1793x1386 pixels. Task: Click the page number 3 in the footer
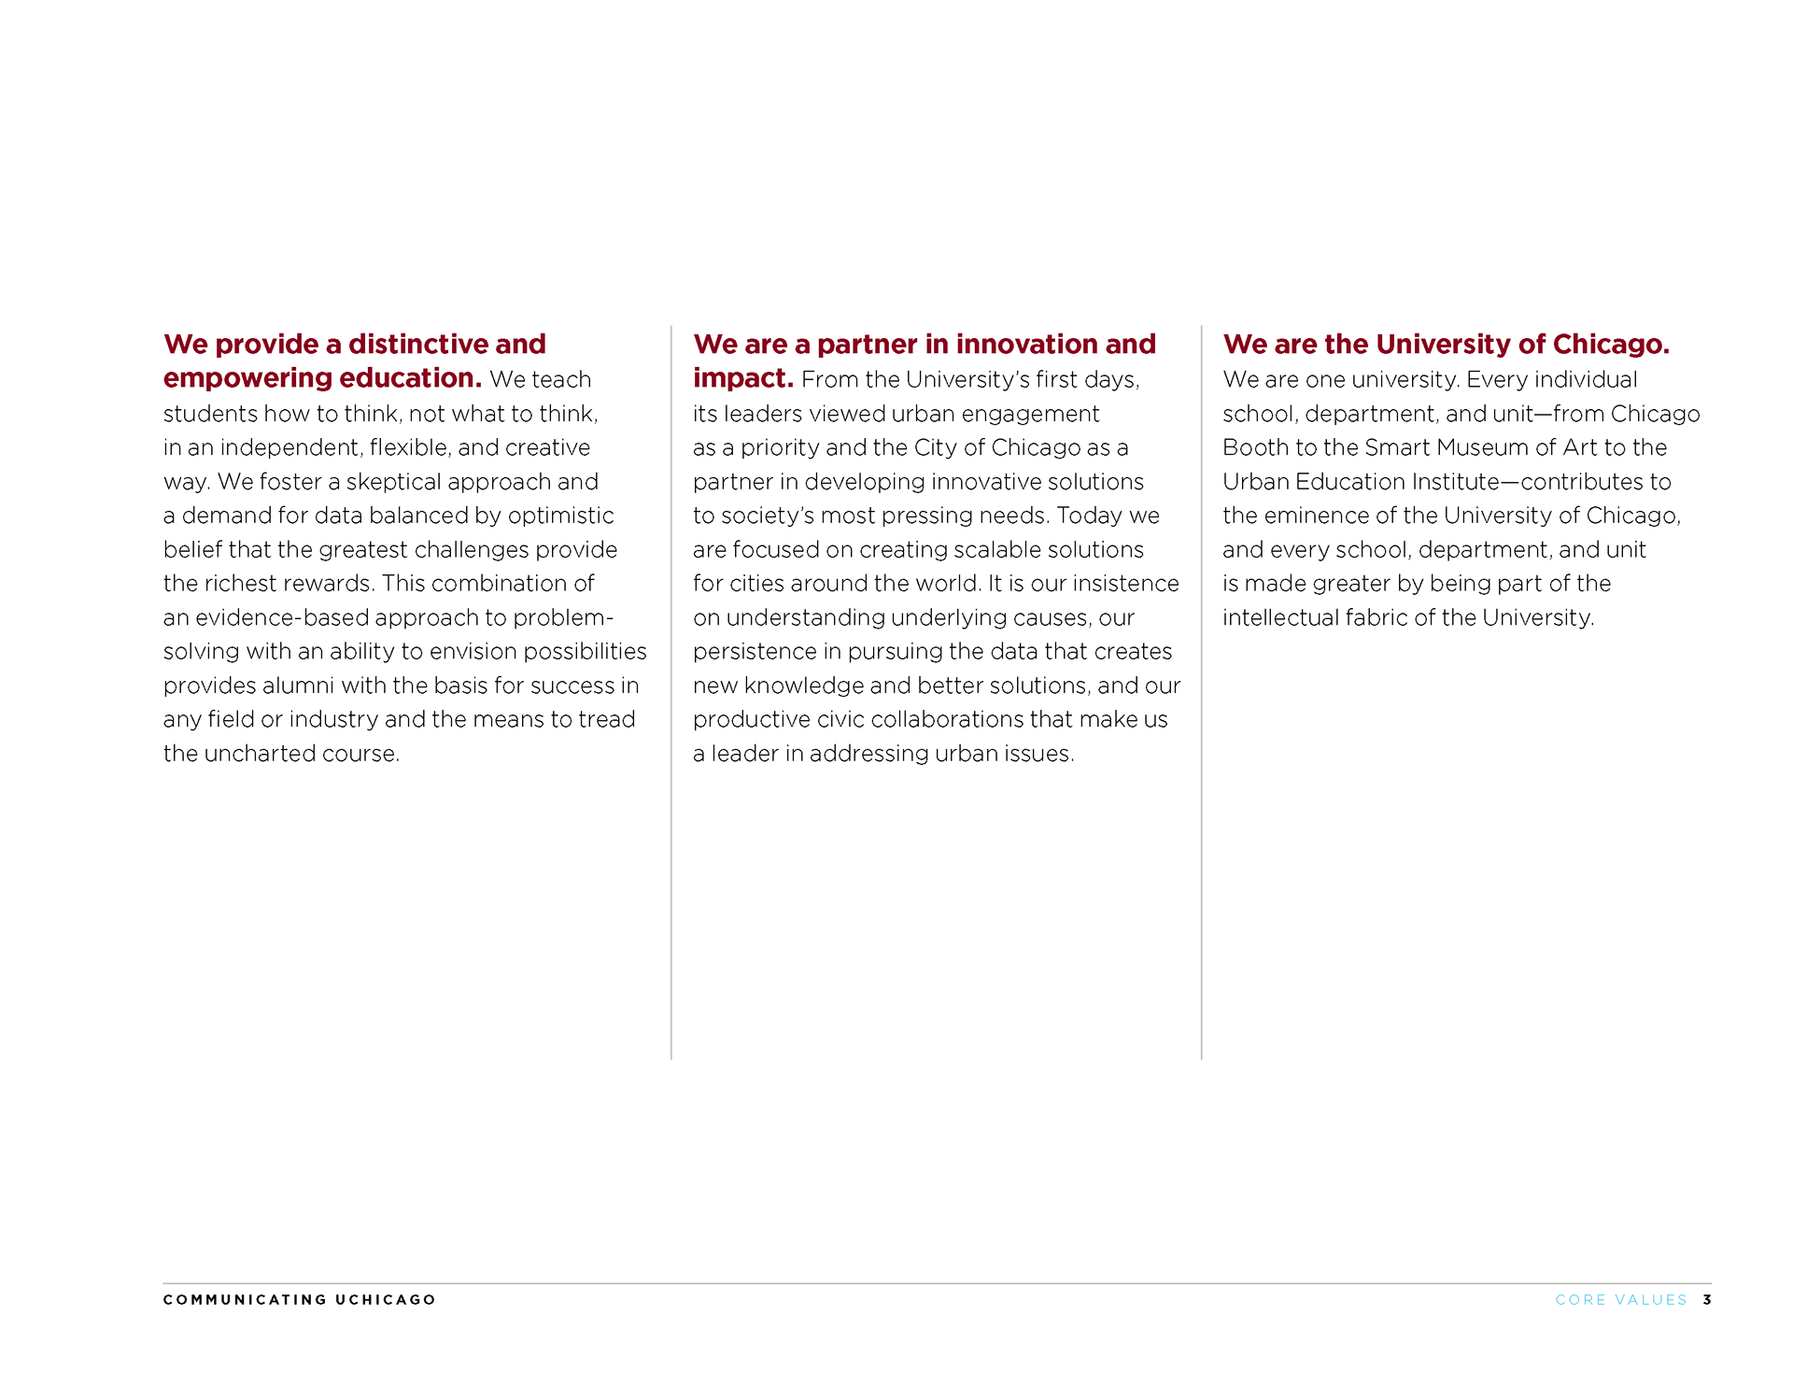(1706, 1299)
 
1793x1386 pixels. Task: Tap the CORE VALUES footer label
(1621, 1299)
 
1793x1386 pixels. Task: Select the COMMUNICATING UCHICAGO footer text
(299, 1299)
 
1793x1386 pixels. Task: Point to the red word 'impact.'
(742, 378)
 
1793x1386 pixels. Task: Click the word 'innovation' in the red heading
(1026, 344)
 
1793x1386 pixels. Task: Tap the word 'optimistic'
(560, 516)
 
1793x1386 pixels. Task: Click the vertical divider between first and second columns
(671, 692)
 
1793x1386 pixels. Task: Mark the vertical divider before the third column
(1201, 692)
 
